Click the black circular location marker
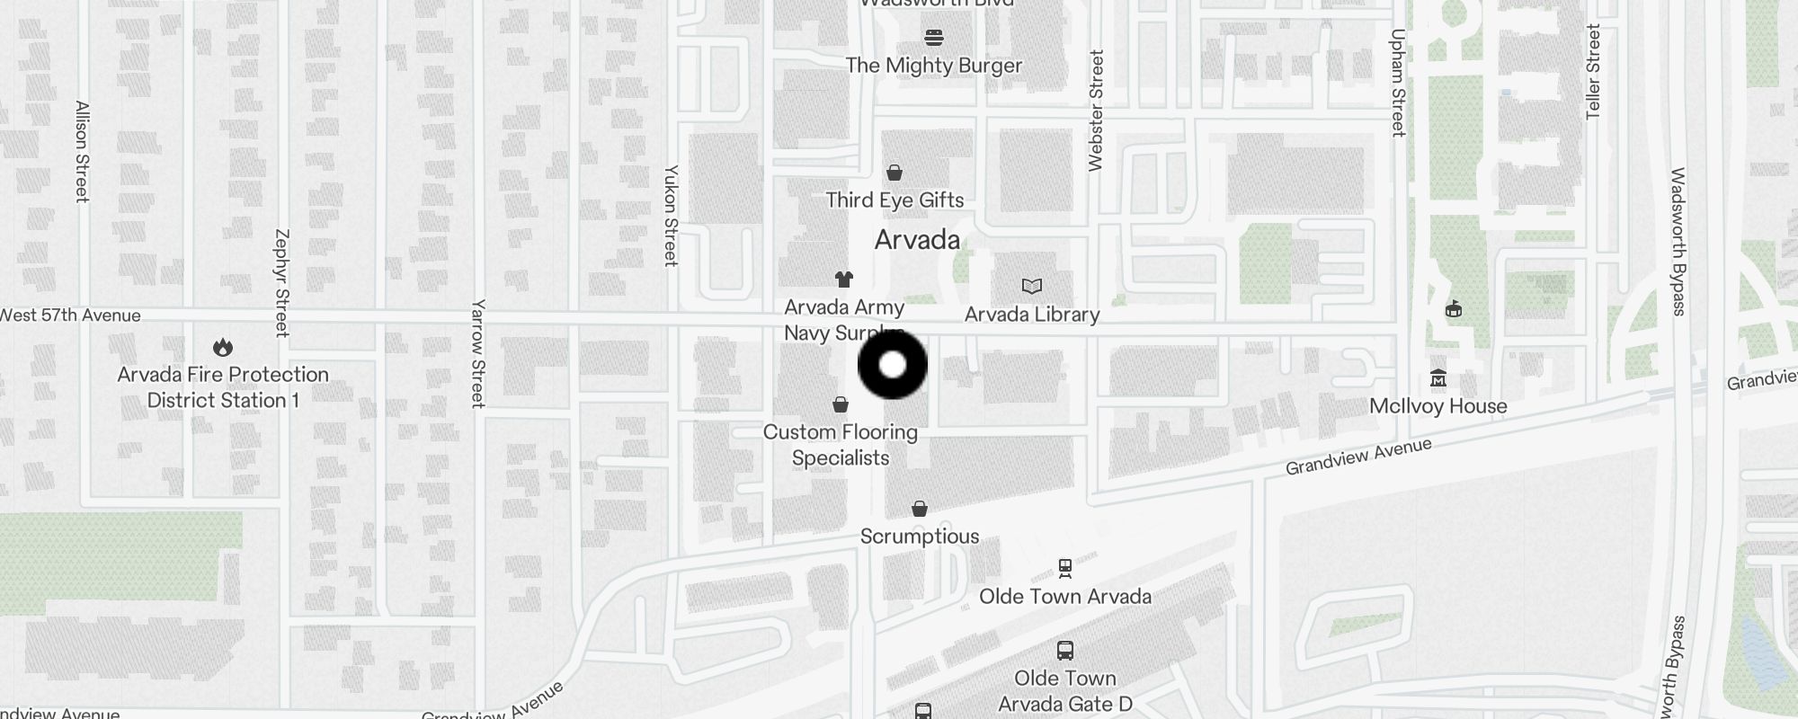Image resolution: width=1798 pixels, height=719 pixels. [x=893, y=365]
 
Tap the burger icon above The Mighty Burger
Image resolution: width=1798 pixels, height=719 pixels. [x=934, y=38]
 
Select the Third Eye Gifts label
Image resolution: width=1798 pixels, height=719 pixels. [x=895, y=200]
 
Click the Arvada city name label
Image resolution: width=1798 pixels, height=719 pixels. [x=917, y=240]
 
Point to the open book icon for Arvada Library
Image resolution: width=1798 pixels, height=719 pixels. [x=1032, y=287]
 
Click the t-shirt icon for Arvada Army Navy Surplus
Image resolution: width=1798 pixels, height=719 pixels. [x=843, y=280]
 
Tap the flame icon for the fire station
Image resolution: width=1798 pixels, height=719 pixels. [x=223, y=347]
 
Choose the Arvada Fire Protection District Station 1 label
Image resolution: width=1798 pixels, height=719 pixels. [x=223, y=387]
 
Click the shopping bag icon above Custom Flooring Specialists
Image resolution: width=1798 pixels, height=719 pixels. [x=841, y=404]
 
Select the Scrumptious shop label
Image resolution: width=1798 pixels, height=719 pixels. [x=920, y=537]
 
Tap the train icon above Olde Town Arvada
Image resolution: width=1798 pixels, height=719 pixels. [x=1065, y=568]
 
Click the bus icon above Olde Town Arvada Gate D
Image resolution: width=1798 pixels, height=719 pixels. [x=1065, y=651]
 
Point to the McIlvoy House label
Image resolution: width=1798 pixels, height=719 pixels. [x=1438, y=406]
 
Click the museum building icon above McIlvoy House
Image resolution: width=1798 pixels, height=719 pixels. [x=1438, y=378]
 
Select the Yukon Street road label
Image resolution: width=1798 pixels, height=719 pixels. [x=671, y=216]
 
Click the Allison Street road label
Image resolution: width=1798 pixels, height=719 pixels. [x=82, y=151]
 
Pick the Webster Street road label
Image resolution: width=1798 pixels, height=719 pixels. [x=1096, y=111]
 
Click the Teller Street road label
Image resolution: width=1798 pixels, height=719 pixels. [x=1593, y=72]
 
